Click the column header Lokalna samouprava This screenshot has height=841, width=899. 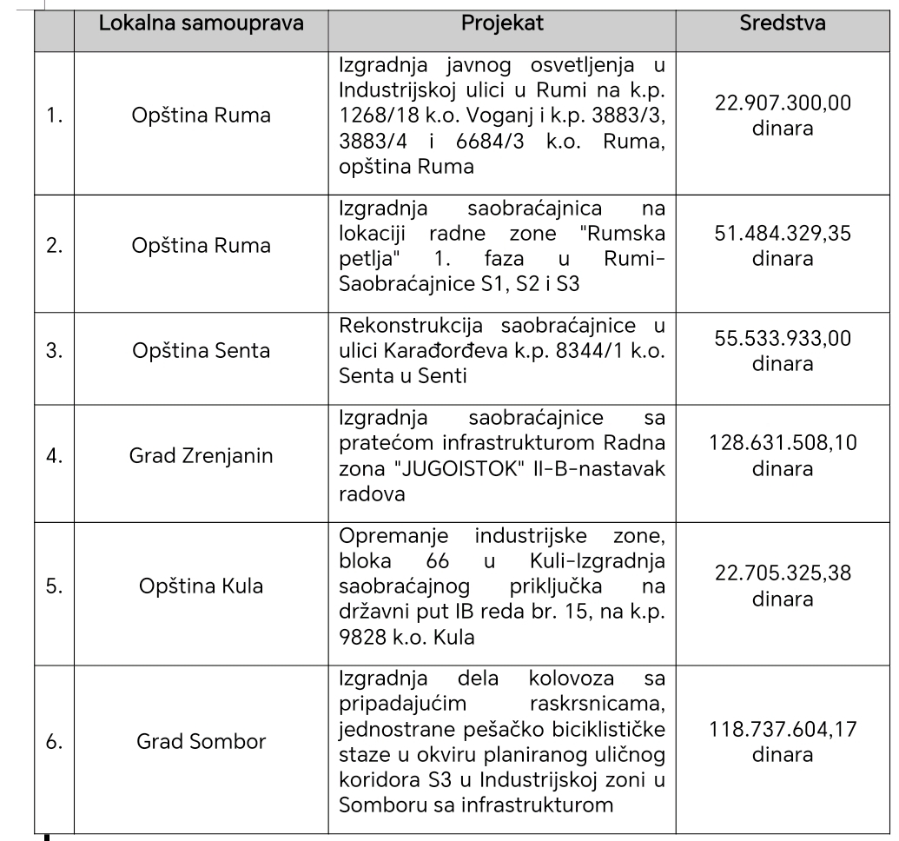point(202,23)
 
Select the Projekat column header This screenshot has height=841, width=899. point(501,23)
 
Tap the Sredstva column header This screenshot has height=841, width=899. point(783,23)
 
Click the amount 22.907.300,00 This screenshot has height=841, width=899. point(783,103)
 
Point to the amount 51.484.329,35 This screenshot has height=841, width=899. point(783,234)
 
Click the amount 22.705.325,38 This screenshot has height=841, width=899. point(783,573)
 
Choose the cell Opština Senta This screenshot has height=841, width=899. point(202,352)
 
